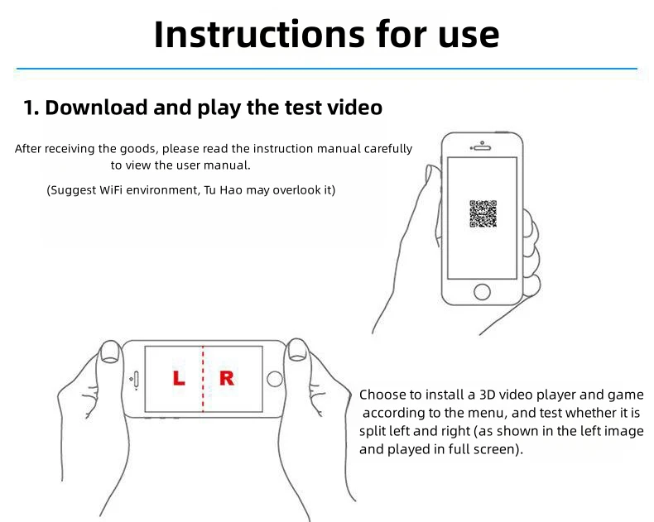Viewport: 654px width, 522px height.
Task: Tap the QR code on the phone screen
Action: (483, 214)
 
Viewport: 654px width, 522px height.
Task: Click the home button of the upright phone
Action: (482, 292)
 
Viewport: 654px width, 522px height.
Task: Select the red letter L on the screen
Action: (179, 378)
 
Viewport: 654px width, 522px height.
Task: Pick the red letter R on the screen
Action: (227, 378)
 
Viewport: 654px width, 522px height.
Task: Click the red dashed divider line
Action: (203, 379)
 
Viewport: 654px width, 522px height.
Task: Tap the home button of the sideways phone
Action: (275, 380)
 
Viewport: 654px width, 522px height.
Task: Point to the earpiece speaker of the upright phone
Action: (482, 147)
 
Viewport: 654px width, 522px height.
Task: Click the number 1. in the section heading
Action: (31, 108)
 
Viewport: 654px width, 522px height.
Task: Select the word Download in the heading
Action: (96, 108)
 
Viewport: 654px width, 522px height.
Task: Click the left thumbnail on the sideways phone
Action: (110, 351)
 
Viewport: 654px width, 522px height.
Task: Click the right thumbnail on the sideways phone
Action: (297, 349)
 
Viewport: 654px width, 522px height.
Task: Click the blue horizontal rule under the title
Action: (327, 69)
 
